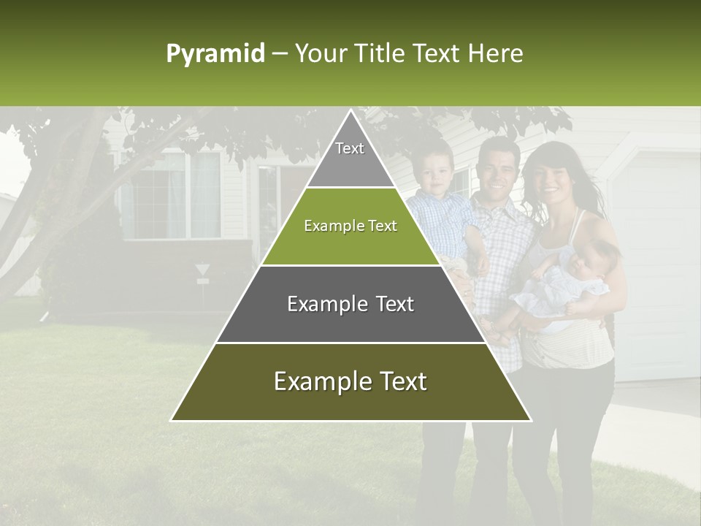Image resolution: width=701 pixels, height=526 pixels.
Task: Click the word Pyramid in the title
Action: pyautogui.click(x=215, y=54)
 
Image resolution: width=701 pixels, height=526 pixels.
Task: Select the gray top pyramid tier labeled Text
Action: pyautogui.click(x=350, y=157)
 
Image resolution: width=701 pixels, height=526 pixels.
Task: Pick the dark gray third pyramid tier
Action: pyautogui.click(x=350, y=305)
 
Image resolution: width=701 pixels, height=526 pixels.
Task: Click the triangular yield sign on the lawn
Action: pyautogui.click(x=202, y=270)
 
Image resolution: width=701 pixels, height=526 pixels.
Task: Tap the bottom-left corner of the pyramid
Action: pyautogui.click(x=172, y=420)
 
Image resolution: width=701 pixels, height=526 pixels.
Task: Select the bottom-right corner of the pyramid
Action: pyautogui.click(x=531, y=420)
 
